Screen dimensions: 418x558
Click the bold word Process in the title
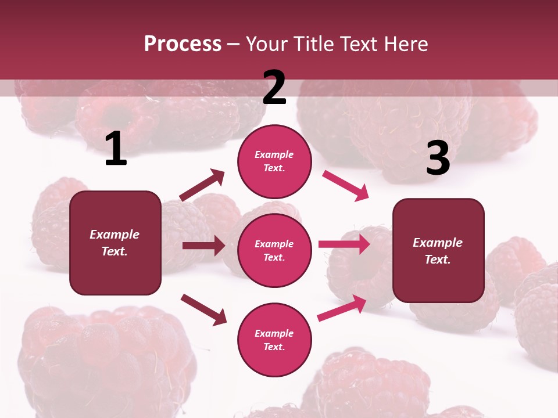pos(183,44)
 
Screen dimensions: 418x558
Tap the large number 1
pos(116,149)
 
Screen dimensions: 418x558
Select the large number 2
pos(274,88)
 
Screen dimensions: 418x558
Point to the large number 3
pos(438,158)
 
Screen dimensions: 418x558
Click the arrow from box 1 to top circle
pos(202,185)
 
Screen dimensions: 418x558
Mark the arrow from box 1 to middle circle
pos(203,246)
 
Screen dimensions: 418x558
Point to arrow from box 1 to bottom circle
pos(203,309)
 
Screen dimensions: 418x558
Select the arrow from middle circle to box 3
pos(344,244)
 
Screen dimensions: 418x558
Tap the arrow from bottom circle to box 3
pos(342,308)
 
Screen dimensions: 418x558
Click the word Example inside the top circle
pos(274,155)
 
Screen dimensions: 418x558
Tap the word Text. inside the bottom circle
pos(274,347)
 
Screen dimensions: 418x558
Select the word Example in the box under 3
pos(438,243)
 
